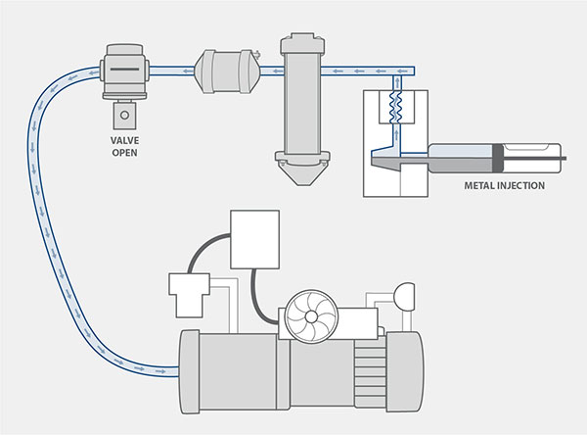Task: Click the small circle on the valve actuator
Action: coord(124,116)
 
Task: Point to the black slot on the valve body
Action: coord(124,69)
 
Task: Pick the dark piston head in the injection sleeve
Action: coord(501,154)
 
